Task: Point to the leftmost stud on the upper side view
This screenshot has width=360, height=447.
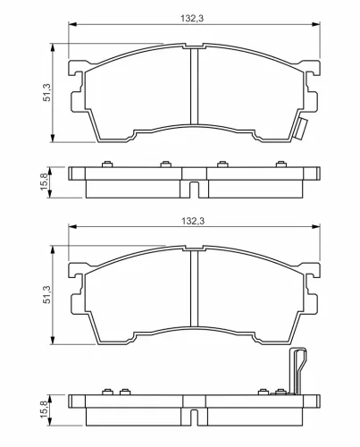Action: (106, 164)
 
